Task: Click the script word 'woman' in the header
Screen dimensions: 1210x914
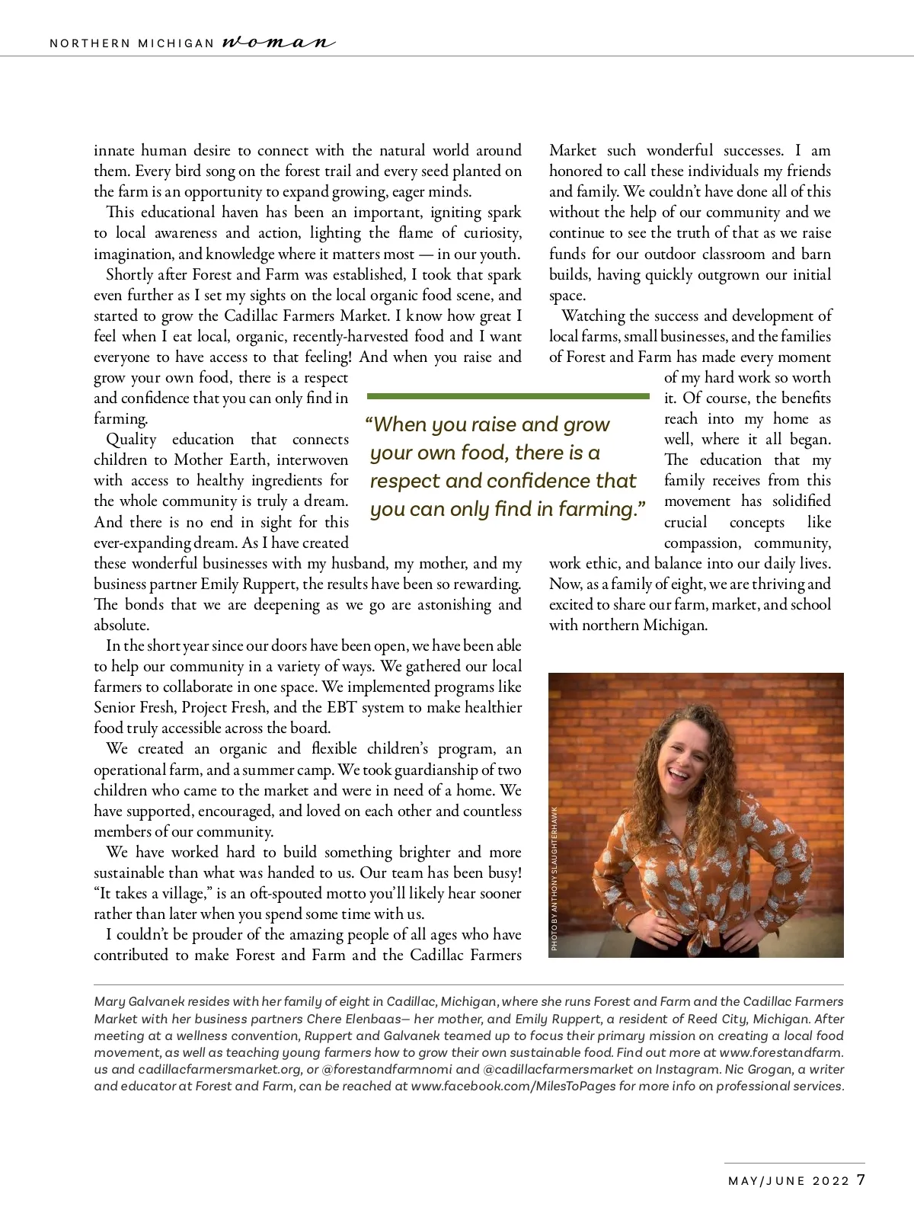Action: [x=278, y=43]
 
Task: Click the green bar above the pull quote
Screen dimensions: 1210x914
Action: [x=508, y=396]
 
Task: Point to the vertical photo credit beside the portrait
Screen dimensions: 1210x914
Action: [x=554, y=879]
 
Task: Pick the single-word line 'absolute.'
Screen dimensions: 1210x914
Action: [x=121, y=625]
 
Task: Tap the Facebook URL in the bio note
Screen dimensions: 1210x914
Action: [x=513, y=1086]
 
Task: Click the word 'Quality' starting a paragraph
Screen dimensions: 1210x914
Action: [x=132, y=440]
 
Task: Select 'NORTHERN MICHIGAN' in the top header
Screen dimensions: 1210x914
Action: [x=132, y=43]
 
